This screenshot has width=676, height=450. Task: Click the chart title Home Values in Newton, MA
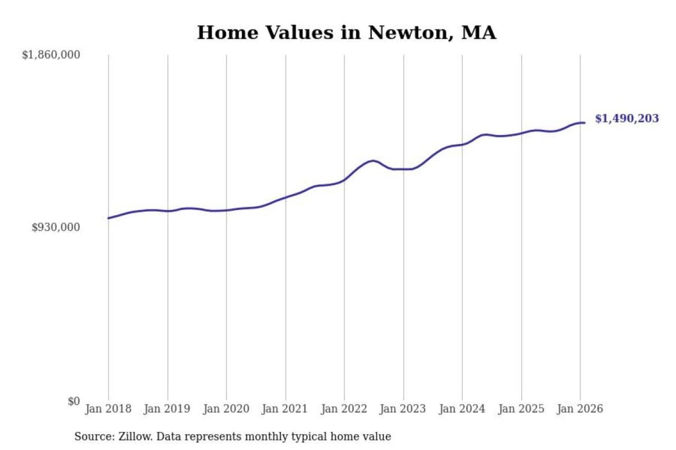click(x=346, y=33)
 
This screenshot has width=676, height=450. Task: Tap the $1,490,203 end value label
click(x=627, y=118)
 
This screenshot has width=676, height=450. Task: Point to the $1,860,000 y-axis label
click(x=51, y=55)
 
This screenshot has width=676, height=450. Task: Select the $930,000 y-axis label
click(x=56, y=227)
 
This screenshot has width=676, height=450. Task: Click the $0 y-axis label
click(x=74, y=401)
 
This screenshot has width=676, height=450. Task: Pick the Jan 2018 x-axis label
click(x=108, y=409)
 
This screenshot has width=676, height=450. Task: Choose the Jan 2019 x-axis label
click(x=167, y=409)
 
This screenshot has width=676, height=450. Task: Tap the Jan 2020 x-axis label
click(x=226, y=409)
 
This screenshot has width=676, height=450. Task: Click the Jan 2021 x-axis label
click(x=284, y=409)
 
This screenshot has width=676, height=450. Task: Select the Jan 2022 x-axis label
click(x=344, y=409)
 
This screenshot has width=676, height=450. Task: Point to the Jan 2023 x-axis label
click(x=402, y=409)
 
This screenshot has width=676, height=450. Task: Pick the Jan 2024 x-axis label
click(x=461, y=409)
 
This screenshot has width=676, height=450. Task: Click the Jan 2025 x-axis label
click(x=521, y=409)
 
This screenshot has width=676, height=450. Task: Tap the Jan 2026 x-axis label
click(x=579, y=409)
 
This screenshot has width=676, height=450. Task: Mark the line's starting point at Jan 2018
click(x=109, y=218)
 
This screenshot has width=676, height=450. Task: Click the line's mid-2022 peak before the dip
click(x=373, y=161)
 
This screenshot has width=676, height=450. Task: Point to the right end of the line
click(x=584, y=123)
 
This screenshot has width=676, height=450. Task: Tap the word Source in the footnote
click(x=93, y=437)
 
